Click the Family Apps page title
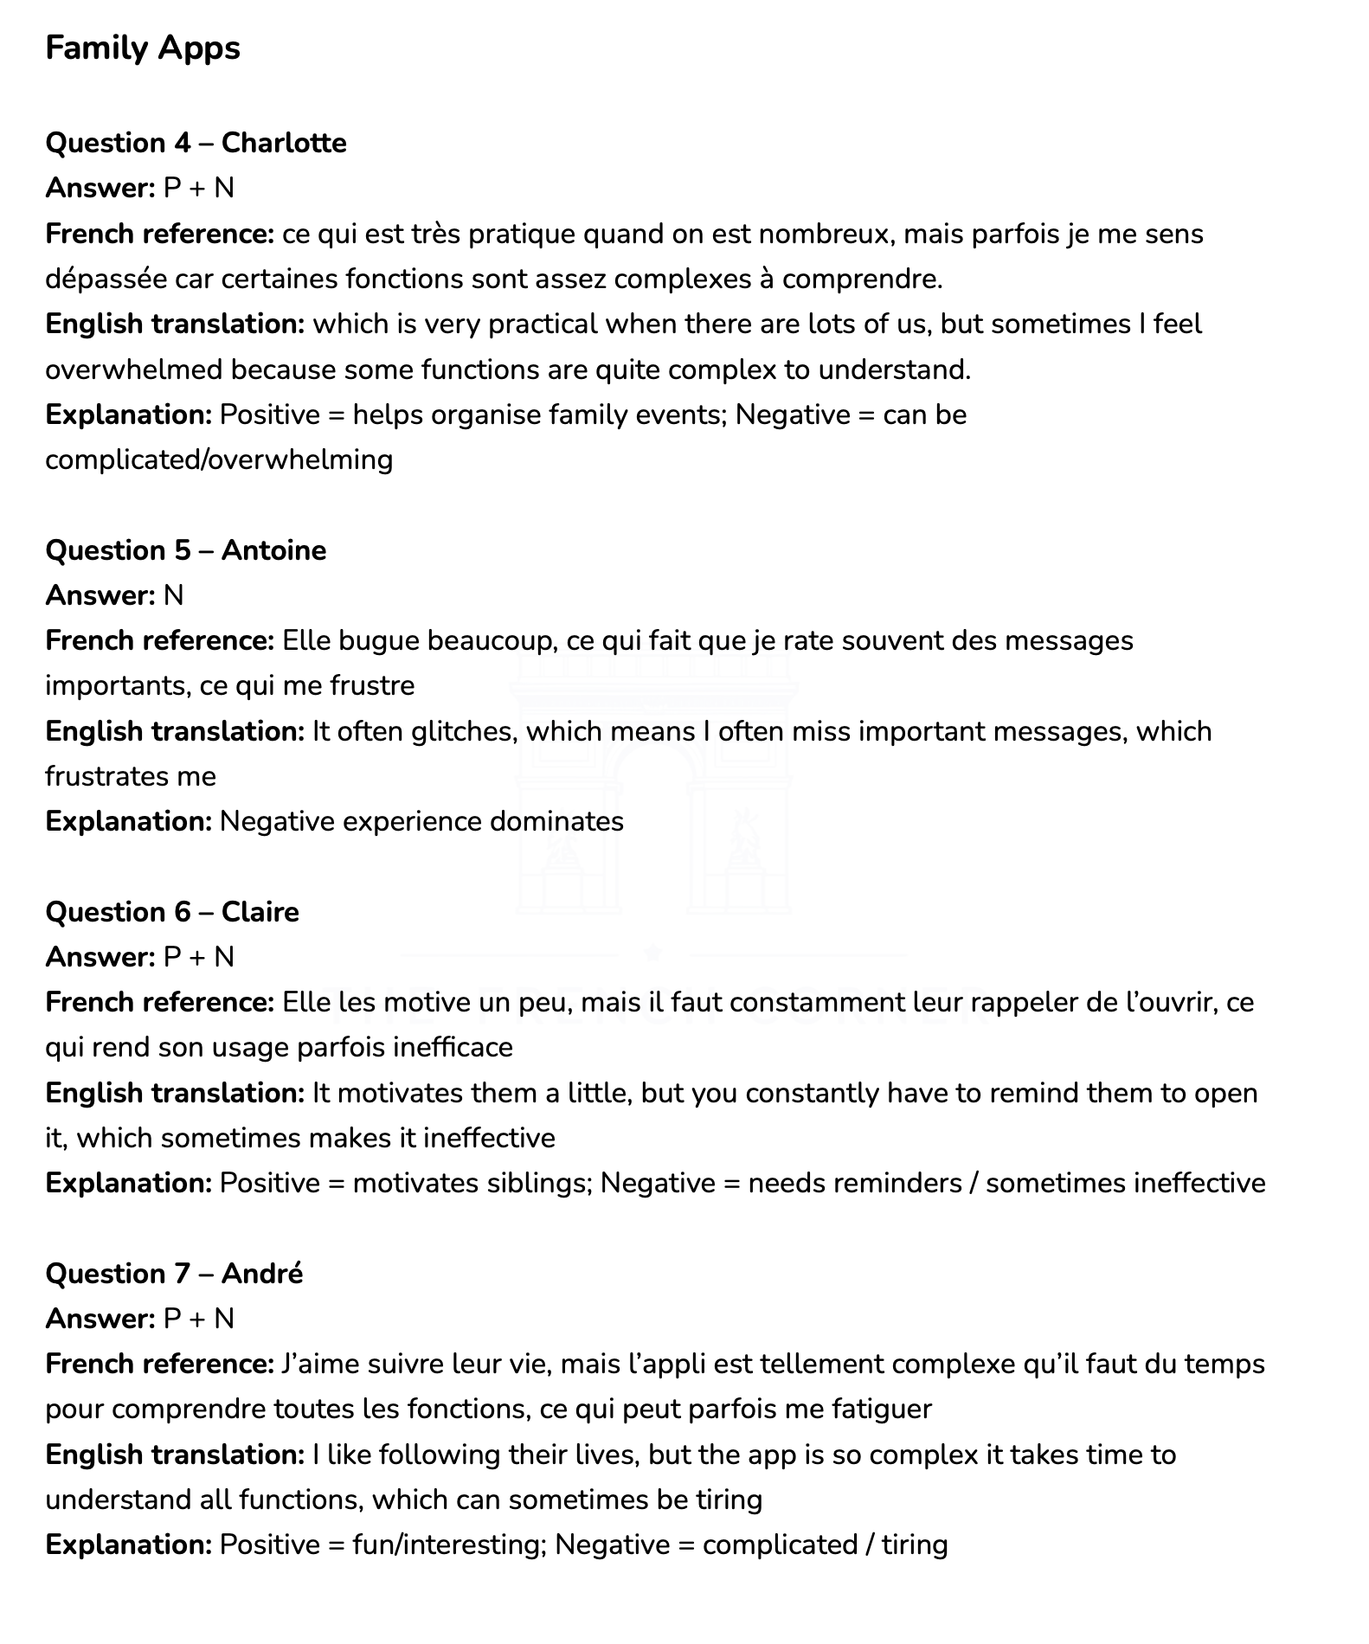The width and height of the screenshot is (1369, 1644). (143, 48)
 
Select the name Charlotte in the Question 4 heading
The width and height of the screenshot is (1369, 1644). (284, 143)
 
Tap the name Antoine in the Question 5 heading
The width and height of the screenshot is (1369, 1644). (273, 550)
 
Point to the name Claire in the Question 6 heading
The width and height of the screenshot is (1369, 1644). (260, 912)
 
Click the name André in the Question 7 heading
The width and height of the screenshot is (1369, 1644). (261, 1274)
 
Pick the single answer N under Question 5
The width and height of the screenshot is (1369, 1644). (173, 596)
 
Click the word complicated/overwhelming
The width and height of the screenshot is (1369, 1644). (219, 459)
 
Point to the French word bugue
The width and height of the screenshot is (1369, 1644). (379, 641)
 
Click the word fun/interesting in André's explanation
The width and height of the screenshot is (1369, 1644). (449, 1545)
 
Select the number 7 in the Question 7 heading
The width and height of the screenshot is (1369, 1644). (182, 1274)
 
